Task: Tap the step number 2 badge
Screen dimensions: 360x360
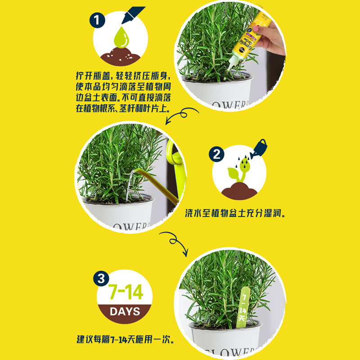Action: pyautogui.click(x=216, y=155)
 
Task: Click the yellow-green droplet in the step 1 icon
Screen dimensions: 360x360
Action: pyautogui.click(x=121, y=39)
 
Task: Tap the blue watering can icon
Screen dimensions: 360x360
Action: pyautogui.click(x=259, y=146)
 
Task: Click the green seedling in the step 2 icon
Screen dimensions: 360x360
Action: pyautogui.click(x=237, y=174)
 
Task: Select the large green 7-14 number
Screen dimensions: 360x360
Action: pyautogui.click(x=126, y=292)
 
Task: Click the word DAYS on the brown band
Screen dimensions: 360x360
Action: pyautogui.click(x=125, y=311)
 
